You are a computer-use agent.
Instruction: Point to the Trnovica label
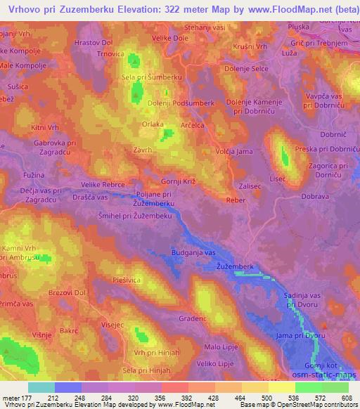pyautogui.click(x=110, y=53)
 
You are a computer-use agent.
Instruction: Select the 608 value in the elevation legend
pyautogui.click(x=345, y=397)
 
